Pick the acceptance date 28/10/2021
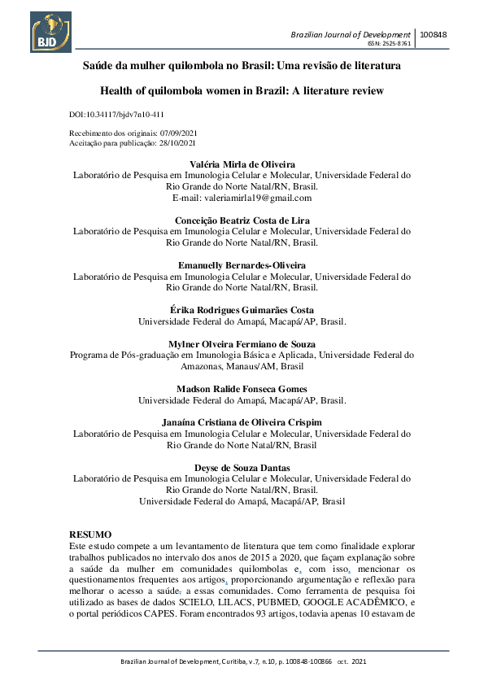(184, 142)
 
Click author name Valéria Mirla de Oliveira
(242, 164)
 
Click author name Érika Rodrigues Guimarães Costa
(242, 310)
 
